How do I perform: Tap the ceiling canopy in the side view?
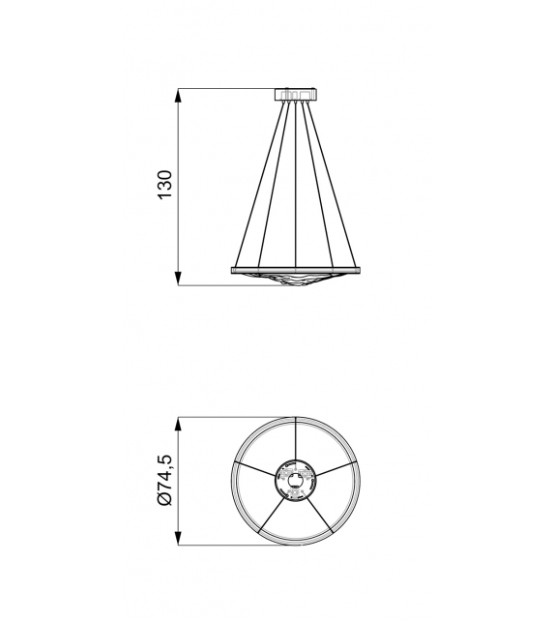pos(296,94)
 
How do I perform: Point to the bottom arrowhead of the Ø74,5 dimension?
pos(178,544)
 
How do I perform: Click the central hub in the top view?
pos(295,482)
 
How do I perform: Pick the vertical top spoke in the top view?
pos(295,440)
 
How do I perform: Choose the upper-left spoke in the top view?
pos(255,469)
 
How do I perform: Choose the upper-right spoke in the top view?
pos(336,469)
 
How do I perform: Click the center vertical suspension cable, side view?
pos(296,184)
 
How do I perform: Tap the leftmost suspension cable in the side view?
pos(259,184)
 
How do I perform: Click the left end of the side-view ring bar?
pos(233,269)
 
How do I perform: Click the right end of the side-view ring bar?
pos(358,269)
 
